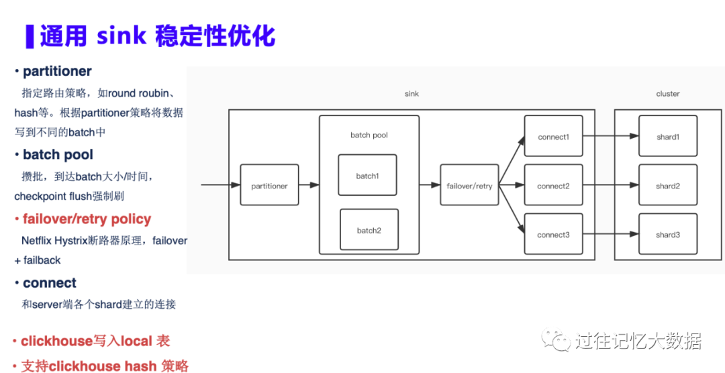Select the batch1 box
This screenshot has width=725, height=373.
click(367, 175)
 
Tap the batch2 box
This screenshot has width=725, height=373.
click(369, 229)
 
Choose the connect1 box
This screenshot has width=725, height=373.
click(553, 136)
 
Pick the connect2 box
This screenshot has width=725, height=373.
click(553, 185)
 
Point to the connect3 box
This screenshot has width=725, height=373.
click(553, 234)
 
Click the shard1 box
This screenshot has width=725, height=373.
click(667, 136)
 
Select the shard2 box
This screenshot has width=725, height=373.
click(667, 185)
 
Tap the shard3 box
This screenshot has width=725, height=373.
click(667, 234)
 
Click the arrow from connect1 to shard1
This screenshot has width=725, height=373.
click(610, 136)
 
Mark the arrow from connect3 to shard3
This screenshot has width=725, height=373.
click(610, 234)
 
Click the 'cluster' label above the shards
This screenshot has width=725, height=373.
click(668, 94)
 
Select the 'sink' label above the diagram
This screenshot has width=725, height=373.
click(412, 94)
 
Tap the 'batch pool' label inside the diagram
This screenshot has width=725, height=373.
click(369, 135)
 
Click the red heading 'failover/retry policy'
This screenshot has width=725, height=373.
click(87, 219)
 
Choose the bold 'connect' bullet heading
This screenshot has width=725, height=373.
click(49, 283)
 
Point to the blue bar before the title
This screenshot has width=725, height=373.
click(30, 36)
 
